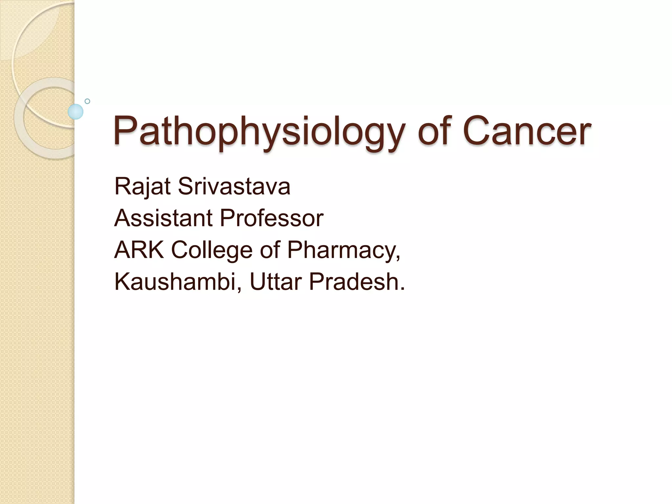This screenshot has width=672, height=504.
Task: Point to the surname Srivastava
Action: click(234, 186)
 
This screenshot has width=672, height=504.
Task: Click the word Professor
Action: click(272, 218)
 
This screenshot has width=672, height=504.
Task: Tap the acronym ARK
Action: click(139, 250)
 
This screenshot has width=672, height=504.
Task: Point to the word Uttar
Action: click(275, 282)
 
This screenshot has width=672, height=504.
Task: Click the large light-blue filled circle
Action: click(75, 112)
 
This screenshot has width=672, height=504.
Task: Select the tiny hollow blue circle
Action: click(87, 101)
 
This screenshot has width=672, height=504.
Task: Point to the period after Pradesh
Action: click(402, 289)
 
